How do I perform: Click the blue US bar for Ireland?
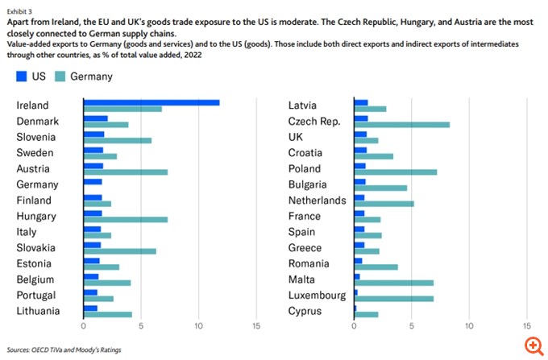152,102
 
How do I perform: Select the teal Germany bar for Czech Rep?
401,125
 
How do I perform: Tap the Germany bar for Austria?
125,172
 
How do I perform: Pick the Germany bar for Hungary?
125,220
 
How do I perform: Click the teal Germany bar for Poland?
395,172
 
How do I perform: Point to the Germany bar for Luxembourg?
393,299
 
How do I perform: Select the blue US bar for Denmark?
95,118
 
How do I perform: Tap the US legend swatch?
23,77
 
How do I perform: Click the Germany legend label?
91,77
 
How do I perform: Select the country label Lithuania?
39,311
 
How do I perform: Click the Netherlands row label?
318,201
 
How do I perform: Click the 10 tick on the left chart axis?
198,327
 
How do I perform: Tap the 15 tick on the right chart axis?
527,327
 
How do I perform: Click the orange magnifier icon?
533,345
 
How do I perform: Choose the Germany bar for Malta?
393,283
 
